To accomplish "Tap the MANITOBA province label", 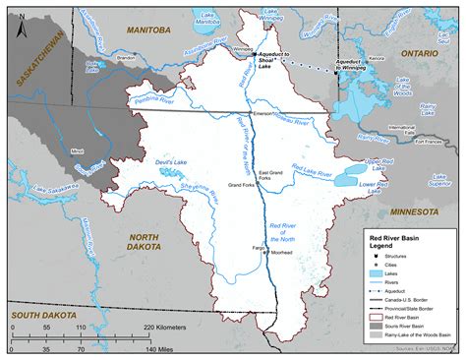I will tap(146, 30).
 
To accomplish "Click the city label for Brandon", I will tap(126, 58).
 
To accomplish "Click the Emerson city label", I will tap(261, 114).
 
